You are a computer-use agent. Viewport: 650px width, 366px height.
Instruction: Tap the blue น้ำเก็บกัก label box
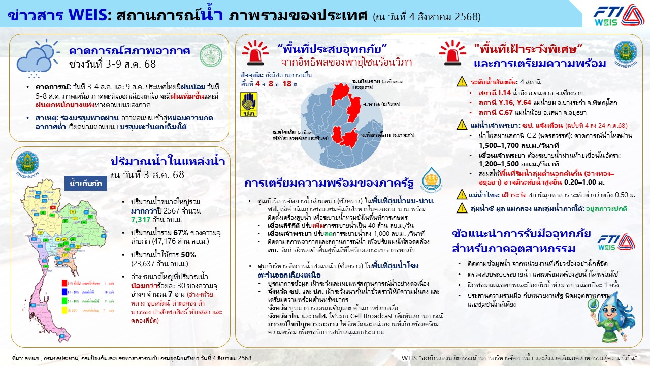click(85, 183)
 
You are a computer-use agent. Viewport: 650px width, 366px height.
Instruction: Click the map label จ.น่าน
click(369, 103)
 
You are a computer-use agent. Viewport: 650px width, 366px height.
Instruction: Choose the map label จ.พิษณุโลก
click(376, 136)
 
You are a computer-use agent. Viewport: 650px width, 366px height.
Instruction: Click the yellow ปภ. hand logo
click(249, 104)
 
